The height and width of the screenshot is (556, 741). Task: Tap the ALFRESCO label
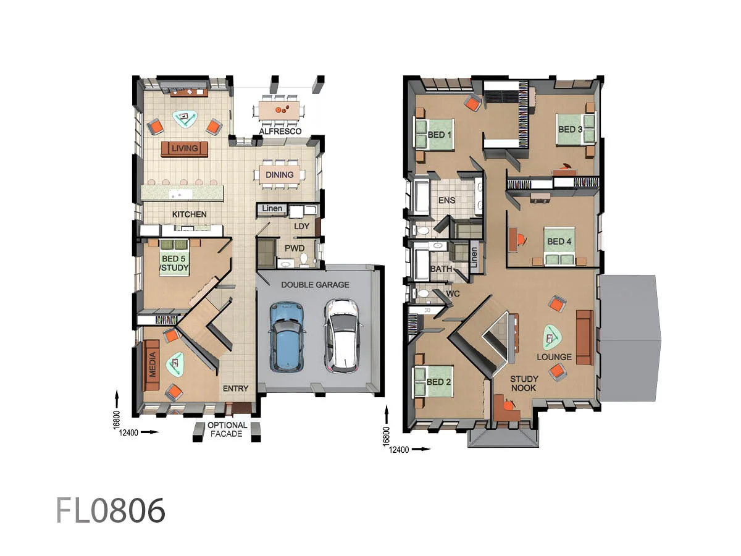click(280, 132)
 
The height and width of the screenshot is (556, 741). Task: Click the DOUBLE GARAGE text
click(315, 285)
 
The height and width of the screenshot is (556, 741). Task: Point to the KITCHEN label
click(189, 214)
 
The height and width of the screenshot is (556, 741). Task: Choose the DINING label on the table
click(280, 175)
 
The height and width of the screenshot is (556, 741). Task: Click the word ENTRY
click(235, 389)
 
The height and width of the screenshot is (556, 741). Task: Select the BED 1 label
click(440, 134)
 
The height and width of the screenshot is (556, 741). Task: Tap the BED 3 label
click(570, 129)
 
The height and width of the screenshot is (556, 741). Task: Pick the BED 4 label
click(559, 241)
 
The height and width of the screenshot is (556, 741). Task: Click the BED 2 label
click(438, 382)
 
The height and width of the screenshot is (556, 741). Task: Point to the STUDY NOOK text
click(524, 383)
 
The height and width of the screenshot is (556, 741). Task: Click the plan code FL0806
click(111, 510)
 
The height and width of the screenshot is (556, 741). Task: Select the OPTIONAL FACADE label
click(227, 429)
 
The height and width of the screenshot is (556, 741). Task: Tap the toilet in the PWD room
click(303, 258)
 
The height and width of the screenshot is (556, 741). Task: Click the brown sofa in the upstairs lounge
click(584, 337)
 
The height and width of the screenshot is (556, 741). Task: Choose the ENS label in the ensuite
click(446, 200)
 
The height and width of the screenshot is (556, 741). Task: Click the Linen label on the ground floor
click(272, 209)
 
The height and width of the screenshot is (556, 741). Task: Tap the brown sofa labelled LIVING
click(185, 148)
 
